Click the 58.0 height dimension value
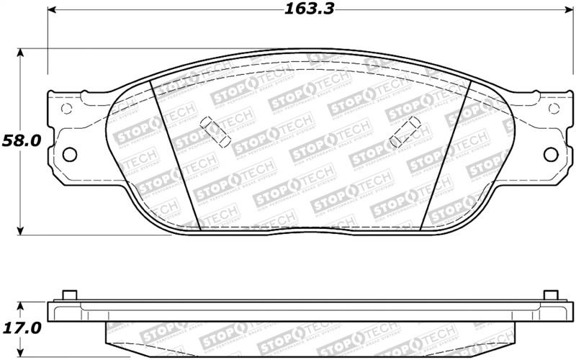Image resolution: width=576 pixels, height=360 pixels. click(19, 140)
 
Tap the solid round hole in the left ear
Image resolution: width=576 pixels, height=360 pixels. click(70, 153)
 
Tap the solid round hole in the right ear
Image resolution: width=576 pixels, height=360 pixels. click(550, 153)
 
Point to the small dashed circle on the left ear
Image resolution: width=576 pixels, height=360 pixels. click(67, 109)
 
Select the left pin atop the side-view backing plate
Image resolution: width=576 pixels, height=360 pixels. click(70, 294)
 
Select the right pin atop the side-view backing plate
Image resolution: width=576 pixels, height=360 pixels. click(550, 294)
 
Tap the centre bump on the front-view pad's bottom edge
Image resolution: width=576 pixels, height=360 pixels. click(310, 231)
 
